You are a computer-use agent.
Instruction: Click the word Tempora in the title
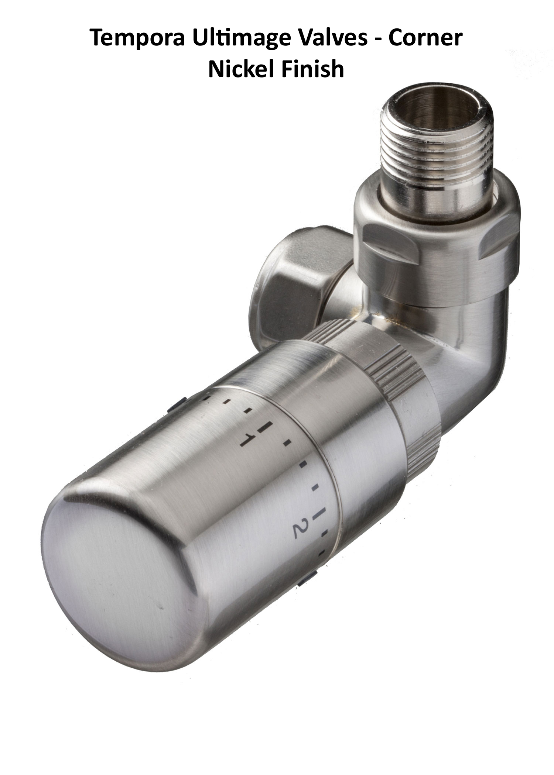[x=137, y=38]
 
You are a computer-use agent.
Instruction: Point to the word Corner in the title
[x=425, y=38]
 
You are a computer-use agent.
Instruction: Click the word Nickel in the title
[x=243, y=69]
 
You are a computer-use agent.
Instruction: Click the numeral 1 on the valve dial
[x=247, y=440]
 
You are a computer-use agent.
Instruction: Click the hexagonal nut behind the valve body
[x=292, y=284]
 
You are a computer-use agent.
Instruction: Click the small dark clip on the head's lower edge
[x=307, y=582]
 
